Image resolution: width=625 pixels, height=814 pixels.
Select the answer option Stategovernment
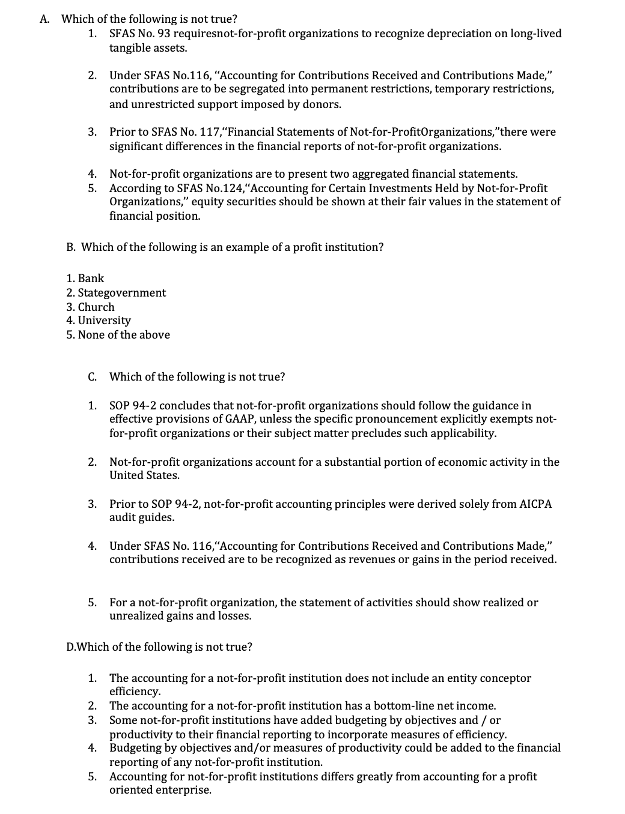[116, 293]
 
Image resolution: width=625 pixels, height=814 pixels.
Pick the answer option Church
[90, 307]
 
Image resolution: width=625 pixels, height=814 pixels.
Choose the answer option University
[99, 321]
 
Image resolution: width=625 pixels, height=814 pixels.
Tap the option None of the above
[118, 335]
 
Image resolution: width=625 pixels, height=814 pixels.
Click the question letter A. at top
[44, 19]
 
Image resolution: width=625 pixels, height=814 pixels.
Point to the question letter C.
[93, 377]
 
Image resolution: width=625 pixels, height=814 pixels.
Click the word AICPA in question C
[535, 504]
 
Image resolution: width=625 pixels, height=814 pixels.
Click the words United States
[144, 475]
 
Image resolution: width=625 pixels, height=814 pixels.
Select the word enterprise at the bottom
[183, 790]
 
